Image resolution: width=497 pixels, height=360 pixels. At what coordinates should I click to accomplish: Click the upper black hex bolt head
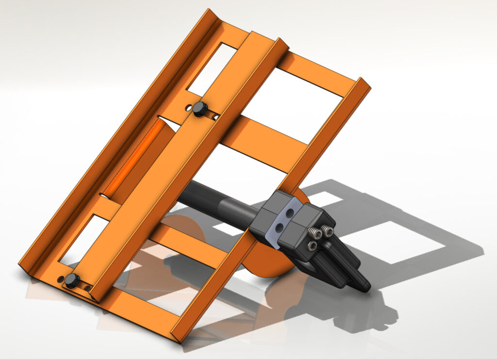coord(199,108)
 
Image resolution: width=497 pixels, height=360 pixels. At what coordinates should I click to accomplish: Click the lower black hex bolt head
coord(72,280)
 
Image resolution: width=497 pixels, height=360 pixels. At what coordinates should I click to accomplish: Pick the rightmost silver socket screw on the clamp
coord(328,232)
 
